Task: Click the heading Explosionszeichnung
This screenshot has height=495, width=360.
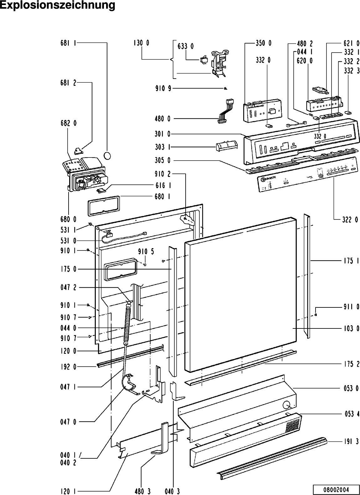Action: click(x=58, y=6)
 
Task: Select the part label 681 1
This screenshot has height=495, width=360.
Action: click(x=68, y=43)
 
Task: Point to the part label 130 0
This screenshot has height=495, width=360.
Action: click(x=141, y=43)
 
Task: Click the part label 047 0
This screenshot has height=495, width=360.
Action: click(x=68, y=422)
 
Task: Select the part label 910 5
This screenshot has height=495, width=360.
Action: click(x=146, y=251)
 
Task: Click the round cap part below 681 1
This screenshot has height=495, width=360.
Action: click(x=107, y=155)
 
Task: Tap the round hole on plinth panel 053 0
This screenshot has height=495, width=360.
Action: click(x=286, y=405)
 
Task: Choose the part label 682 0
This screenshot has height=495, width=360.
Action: click(x=68, y=123)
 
